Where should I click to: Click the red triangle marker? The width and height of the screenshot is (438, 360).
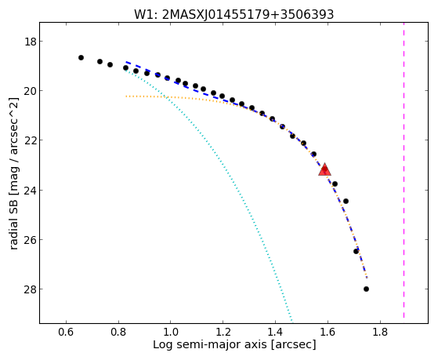click(x=324, y=169)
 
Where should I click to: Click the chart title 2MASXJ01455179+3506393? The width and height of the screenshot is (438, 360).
click(x=248, y=15)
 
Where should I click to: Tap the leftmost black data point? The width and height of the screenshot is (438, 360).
click(x=81, y=57)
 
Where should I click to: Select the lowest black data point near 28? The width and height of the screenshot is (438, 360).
click(x=366, y=289)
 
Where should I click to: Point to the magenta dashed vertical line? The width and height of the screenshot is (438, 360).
click(x=404, y=170)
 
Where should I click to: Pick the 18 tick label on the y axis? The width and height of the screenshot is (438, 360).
click(x=31, y=42)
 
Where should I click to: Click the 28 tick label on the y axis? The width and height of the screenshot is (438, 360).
click(x=31, y=289)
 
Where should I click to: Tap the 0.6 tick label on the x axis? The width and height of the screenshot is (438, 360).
click(x=66, y=332)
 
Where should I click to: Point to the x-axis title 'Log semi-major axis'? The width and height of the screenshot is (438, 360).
click(x=210, y=345)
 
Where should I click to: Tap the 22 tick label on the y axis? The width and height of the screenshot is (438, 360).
click(x=31, y=140)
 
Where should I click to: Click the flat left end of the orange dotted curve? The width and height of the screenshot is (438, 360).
click(x=126, y=96)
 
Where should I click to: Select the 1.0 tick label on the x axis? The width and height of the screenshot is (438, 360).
click(x=170, y=332)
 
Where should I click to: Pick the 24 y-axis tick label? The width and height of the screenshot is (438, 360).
click(x=31, y=190)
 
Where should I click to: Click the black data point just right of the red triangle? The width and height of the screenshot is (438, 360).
click(x=335, y=184)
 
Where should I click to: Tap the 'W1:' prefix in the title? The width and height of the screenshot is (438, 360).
click(x=146, y=15)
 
